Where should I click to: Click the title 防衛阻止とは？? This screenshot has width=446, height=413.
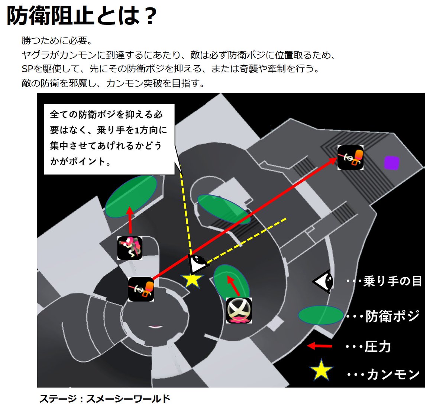pos(82,17)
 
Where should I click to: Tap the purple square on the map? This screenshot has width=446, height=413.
pos(391,163)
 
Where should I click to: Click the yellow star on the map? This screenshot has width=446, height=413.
pos(192,280)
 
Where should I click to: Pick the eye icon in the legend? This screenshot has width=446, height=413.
pos(323,281)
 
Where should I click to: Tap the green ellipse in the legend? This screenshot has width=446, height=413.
pos(321,315)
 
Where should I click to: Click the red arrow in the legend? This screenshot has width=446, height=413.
pos(320,346)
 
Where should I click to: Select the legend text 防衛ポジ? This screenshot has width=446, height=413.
pos(392,316)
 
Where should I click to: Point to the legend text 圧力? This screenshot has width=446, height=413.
pos(378,347)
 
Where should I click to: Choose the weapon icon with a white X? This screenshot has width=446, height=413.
pos(239,310)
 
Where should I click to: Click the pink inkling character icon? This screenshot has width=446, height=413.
pos(130,248)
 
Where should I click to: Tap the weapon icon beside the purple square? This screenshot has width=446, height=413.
pos(350,158)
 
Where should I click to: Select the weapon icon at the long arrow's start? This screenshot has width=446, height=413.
pos(141,289)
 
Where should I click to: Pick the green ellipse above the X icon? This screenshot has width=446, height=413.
pos(231,281)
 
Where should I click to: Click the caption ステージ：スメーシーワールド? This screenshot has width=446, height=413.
pos(105,399)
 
